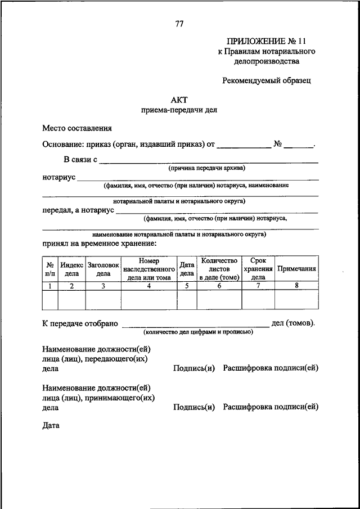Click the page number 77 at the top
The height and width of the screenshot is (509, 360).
click(179, 24)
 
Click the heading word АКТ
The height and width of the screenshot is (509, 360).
click(179, 100)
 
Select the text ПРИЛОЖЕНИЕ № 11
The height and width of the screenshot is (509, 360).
click(267, 41)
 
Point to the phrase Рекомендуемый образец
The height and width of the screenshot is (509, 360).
click(267, 80)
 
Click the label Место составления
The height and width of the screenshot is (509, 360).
click(77, 128)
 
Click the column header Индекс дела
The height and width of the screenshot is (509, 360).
click(72, 269)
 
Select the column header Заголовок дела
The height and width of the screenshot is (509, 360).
click(103, 269)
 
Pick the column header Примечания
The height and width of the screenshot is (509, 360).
click(296, 269)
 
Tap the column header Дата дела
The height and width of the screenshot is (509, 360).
click(187, 269)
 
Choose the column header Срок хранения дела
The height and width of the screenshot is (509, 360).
click(258, 269)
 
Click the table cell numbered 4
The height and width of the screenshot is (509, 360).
click(149, 286)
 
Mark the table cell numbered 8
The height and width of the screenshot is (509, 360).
click(296, 286)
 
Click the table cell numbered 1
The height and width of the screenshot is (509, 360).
click(50, 286)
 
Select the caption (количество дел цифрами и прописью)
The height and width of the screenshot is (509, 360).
click(197, 332)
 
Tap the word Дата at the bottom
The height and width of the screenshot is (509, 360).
click(51, 425)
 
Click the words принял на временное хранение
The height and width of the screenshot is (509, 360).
click(100, 243)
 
